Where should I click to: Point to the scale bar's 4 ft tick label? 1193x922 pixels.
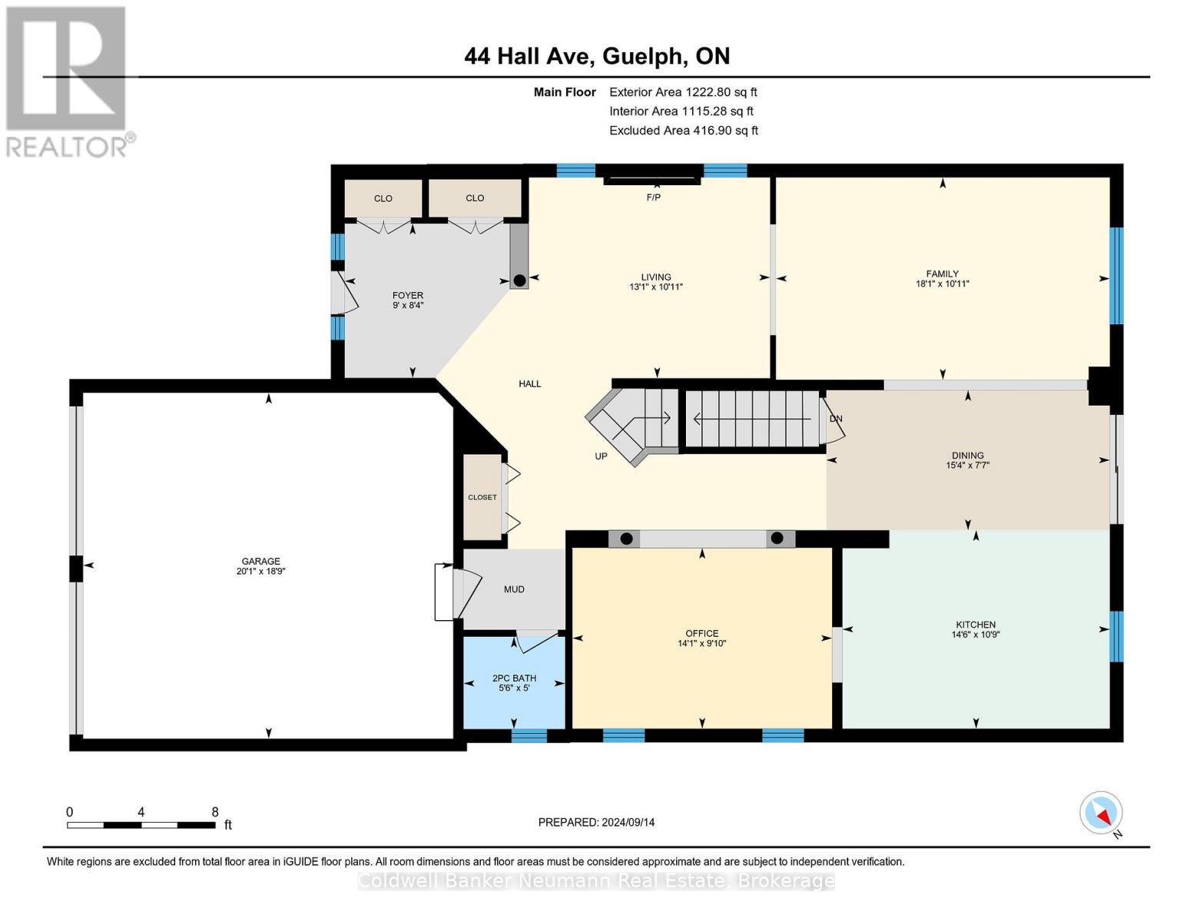(141, 812)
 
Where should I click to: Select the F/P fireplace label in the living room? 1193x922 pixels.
(653, 197)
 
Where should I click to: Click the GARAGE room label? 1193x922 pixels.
(260, 561)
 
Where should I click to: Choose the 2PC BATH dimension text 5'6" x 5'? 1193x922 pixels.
(514, 688)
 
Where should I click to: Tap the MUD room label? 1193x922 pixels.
(514, 589)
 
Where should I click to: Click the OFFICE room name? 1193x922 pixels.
(701, 633)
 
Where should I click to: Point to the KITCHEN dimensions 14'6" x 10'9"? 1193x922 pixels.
(976, 634)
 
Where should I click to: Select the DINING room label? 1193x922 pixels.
(968, 455)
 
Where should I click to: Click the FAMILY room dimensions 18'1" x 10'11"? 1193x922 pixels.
(943, 284)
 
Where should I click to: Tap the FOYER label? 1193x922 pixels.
(408, 295)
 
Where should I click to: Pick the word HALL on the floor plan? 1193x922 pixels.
(530, 384)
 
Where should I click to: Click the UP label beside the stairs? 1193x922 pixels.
(601, 456)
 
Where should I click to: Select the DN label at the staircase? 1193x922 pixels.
(836, 419)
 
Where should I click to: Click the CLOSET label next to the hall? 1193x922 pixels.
(482, 497)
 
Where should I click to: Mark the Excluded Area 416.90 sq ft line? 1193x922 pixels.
(684, 130)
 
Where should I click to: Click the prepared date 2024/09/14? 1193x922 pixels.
(628, 822)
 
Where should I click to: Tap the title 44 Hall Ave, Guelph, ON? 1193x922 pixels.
(597, 56)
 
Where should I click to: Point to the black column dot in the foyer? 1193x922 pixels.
(519, 280)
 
